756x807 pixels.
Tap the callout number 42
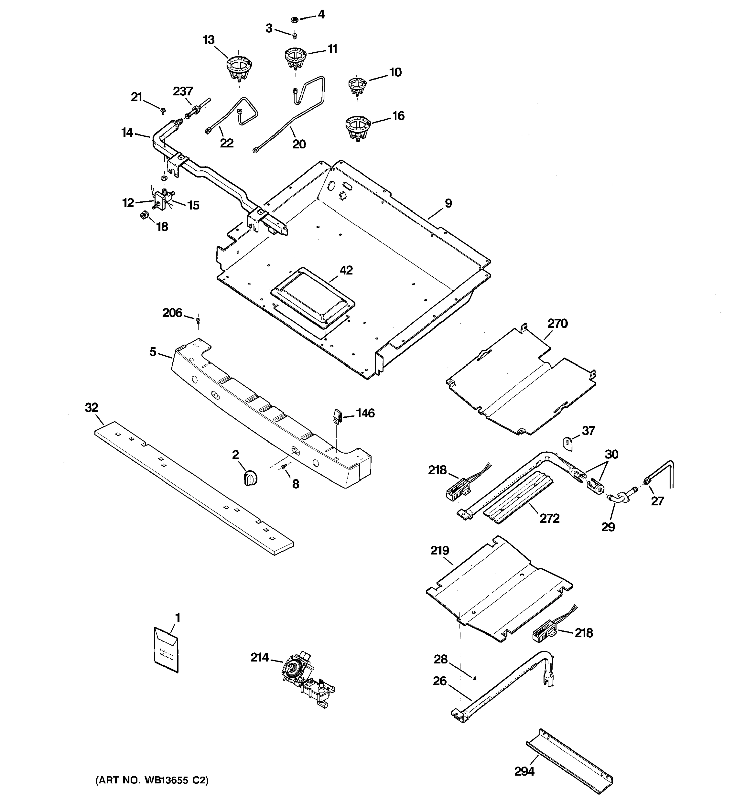(346, 270)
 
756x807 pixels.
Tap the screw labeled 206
(198, 321)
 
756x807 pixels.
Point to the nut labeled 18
(143, 215)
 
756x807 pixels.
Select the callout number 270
(557, 324)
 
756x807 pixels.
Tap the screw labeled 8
(284, 468)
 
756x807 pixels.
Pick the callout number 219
(439, 551)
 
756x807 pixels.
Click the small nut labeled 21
(163, 110)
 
